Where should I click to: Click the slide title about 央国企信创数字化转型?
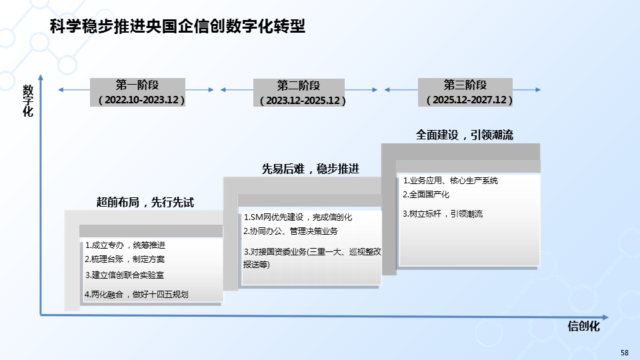click(x=177, y=27)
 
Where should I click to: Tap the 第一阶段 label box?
click(x=137, y=85)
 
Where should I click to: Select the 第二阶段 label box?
click(x=299, y=86)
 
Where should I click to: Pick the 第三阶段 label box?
click(x=465, y=85)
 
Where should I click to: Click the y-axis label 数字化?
click(x=27, y=100)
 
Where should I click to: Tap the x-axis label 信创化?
click(x=584, y=326)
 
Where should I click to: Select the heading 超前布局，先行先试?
click(x=145, y=202)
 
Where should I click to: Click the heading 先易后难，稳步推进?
click(x=310, y=169)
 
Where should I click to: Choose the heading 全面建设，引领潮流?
click(x=465, y=135)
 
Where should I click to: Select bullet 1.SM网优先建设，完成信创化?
click(x=297, y=217)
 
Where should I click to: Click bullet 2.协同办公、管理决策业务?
click(x=290, y=231)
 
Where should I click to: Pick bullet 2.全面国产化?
click(x=426, y=195)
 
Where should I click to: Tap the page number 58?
click(x=624, y=352)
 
